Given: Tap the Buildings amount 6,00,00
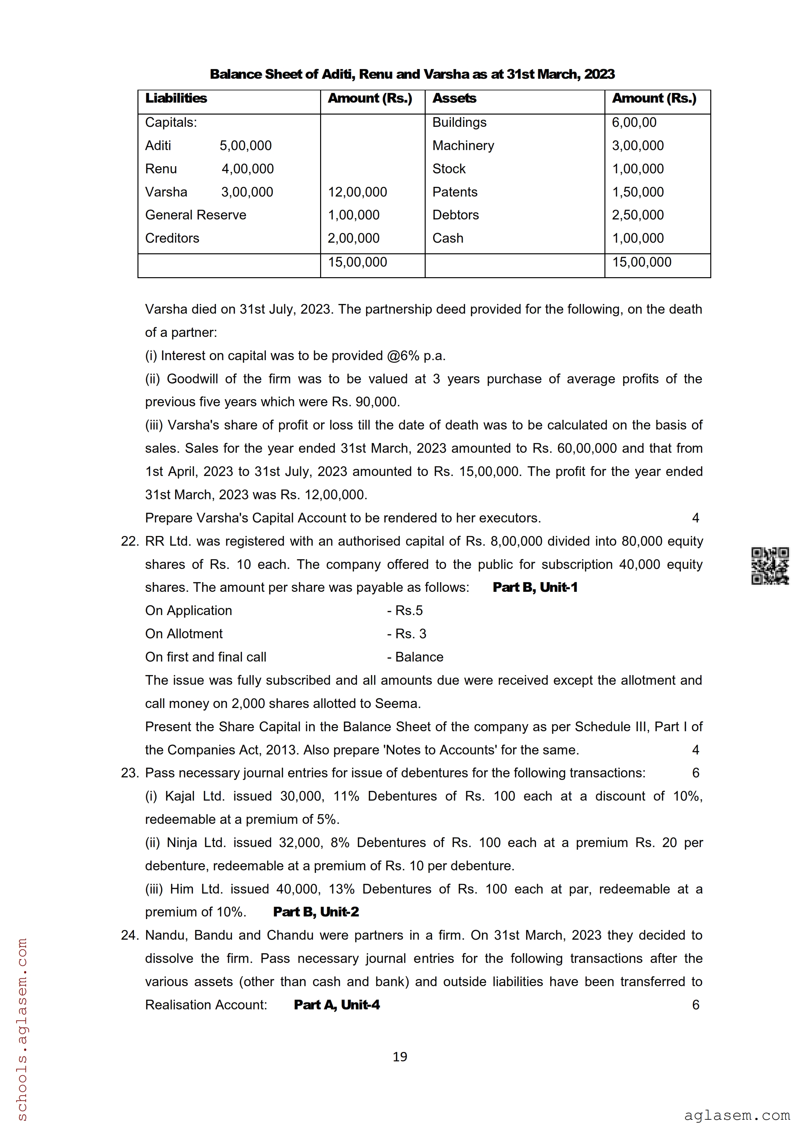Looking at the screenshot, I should pos(634,122).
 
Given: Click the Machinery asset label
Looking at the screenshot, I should pos(463,146).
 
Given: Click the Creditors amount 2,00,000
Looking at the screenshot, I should pos(353,238).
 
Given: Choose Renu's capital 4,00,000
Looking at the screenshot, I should pos(248,169).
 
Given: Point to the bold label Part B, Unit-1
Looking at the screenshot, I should pos(535,587).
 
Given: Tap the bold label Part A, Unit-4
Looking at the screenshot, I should pos(337,1005).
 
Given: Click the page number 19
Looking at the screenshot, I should pos(400,1056).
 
